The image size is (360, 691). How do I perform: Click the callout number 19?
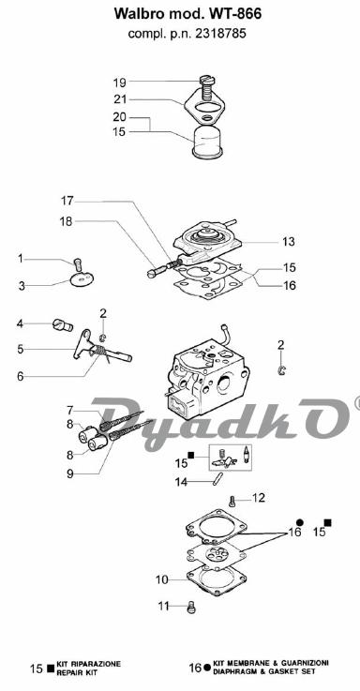click(119, 83)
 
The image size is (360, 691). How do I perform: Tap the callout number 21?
click(120, 99)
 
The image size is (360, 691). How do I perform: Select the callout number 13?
click(289, 242)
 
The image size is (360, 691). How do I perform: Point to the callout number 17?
click(67, 201)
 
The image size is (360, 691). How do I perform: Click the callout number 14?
click(181, 482)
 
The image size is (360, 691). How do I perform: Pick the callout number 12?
click(258, 498)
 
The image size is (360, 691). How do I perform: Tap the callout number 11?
click(164, 607)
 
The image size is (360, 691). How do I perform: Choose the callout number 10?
click(162, 580)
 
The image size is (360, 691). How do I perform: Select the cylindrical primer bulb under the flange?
click(207, 141)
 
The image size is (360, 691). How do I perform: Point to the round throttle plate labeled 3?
click(82, 279)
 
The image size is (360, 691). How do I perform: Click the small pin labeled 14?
click(217, 479)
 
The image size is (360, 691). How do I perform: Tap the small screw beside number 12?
click(232, 501)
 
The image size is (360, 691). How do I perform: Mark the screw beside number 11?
click(191, 608)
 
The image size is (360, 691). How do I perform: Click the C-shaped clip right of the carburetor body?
click(282, 370)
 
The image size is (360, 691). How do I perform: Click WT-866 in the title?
click(235, 14)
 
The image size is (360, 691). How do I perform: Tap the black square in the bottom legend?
click(51, 668)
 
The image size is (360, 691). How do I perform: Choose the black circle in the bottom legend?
click(207, 668)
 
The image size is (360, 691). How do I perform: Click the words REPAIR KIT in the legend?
click(77, 673)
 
